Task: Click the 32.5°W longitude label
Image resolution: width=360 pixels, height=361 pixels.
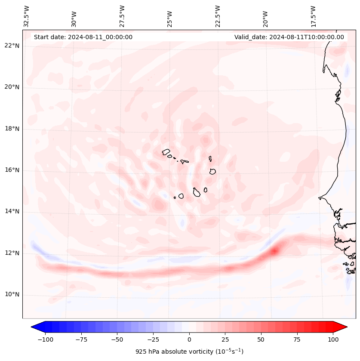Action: coord(27,16)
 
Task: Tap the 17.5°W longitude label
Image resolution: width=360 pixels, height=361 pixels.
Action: coord(314,16)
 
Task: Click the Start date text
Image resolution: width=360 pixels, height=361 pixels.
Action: coord(83,37)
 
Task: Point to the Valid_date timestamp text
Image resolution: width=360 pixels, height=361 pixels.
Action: coord(289,37)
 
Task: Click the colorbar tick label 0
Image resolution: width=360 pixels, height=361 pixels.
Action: coord(189,339)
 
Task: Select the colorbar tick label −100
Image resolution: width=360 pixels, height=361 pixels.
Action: coord(45,339)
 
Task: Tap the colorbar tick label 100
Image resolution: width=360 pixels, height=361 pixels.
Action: coord(333,339)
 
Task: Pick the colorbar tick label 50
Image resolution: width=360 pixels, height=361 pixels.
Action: coord(261,339)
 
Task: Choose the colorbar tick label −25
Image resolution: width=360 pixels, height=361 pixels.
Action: coord(153,339)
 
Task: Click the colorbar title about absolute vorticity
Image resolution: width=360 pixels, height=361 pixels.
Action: coord(189,352)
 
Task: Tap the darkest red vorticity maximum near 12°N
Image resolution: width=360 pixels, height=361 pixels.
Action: coord(274,250)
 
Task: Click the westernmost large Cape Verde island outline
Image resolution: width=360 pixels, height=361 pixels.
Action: coord(166,152)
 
